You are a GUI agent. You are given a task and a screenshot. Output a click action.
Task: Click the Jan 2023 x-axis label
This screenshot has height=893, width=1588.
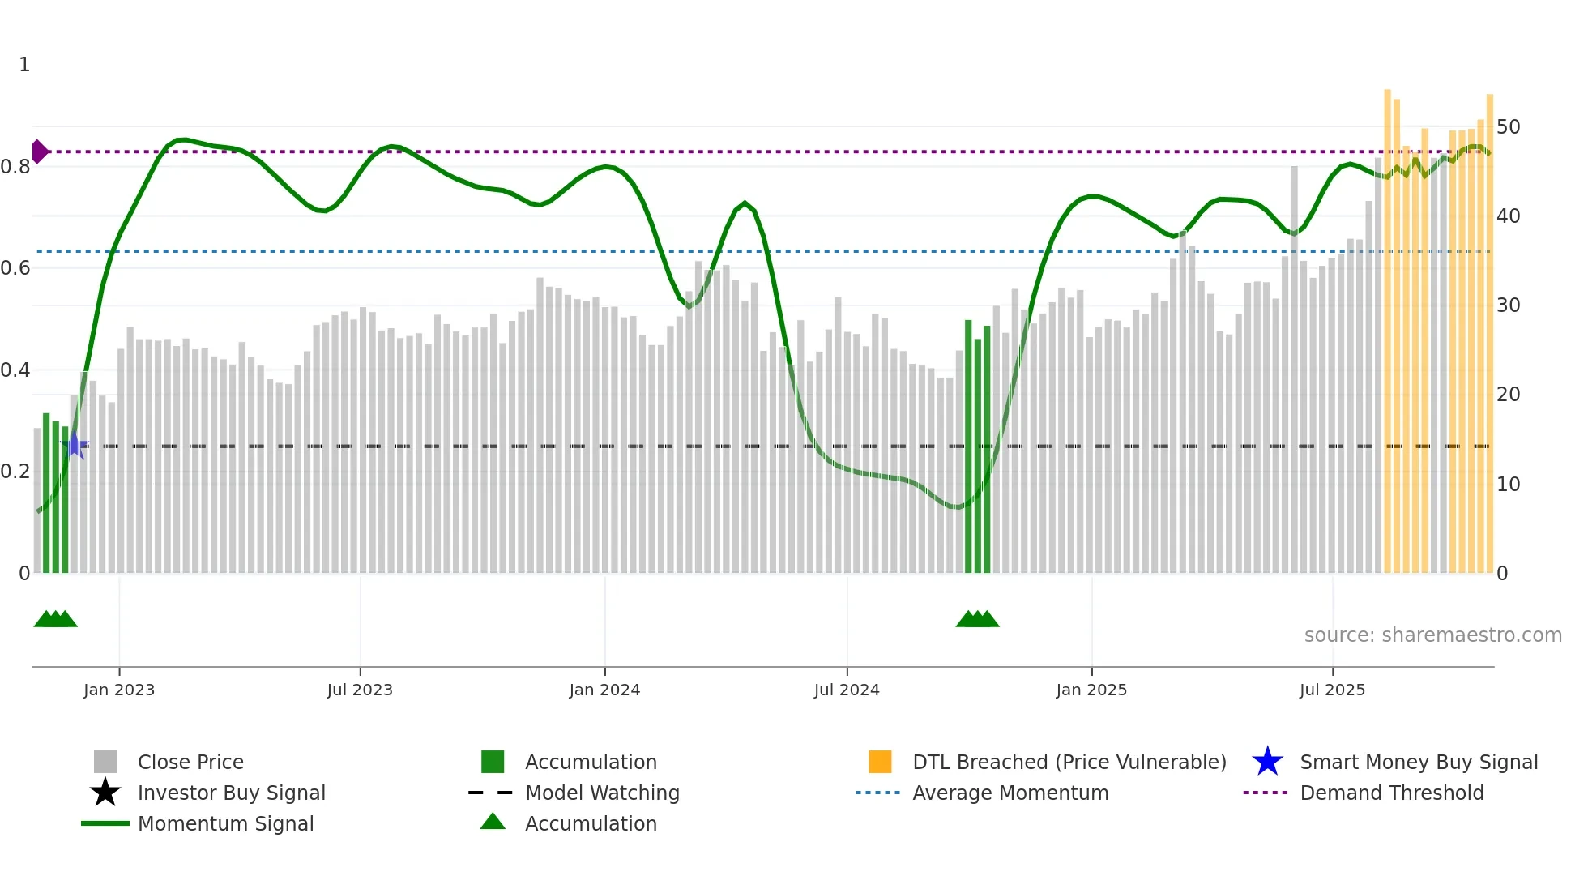pyautogui.click(x=119, y=690)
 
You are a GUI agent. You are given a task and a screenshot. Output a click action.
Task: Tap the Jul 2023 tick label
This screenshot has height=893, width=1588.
pyautogui.click(x=360, y=690)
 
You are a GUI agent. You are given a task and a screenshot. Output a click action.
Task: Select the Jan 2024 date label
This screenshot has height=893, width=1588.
pyautogui.click(x=604, y=690)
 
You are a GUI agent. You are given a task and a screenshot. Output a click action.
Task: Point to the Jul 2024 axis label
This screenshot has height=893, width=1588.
pyautogui.click(x=847, y=690)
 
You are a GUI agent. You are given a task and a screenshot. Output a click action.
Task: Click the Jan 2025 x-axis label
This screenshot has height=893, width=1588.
pyautogui.click(x=1091, y=690)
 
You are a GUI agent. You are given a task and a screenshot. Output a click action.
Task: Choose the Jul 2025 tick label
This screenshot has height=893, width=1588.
pyautogui.click(x=1332, y=690)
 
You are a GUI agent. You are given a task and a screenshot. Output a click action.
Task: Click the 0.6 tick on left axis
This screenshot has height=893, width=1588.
pyautogui.click(x=15, y=268)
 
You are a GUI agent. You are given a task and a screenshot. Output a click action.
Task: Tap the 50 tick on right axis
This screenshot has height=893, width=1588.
pyautogui.click(x=1509, y=127)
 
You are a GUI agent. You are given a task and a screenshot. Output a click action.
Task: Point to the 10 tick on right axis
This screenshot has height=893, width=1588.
pyautogui.click(x=1509, y=485)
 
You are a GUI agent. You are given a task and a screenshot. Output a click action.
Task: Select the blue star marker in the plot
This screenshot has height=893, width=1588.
pyautogui.click(x=75, y=445)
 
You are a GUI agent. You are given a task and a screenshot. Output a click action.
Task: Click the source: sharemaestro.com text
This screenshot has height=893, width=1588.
pyautogui.click(x=1432, y=635)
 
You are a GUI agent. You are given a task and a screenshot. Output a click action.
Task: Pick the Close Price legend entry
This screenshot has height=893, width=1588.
pyautogui.click(x=190, y=762)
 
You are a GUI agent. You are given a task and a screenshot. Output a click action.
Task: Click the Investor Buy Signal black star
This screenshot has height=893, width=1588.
pyautogui.click(x=105, y=793)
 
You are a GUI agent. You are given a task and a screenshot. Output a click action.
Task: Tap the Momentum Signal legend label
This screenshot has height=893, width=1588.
pyautogui.click(x=225, y=823)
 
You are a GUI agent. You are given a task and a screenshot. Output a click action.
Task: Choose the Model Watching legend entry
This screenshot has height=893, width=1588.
pyautogui.click(x=602, y=793)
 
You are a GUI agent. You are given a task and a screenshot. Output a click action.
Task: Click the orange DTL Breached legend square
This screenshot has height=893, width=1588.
pyautogui.click(x=880, y=762)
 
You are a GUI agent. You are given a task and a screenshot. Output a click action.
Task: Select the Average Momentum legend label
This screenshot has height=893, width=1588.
pyautogui.click(x=1010, y=793)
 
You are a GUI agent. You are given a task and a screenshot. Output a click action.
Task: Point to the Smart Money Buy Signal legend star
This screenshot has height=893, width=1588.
pyautogui.click(x=1267, y=762)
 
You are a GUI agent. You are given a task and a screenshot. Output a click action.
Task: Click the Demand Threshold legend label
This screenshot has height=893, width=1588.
pyautogui.click(x=1391, y=793)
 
